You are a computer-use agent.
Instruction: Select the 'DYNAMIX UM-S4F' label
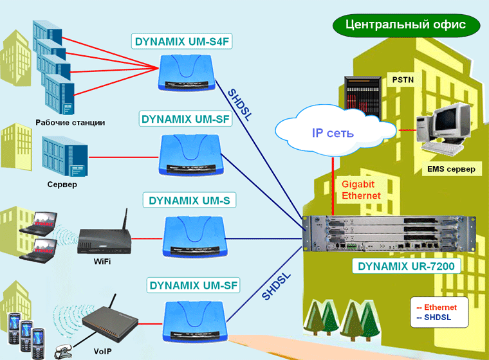182,42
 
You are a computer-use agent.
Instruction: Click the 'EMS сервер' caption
450,170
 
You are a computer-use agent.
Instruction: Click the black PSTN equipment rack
358,97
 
